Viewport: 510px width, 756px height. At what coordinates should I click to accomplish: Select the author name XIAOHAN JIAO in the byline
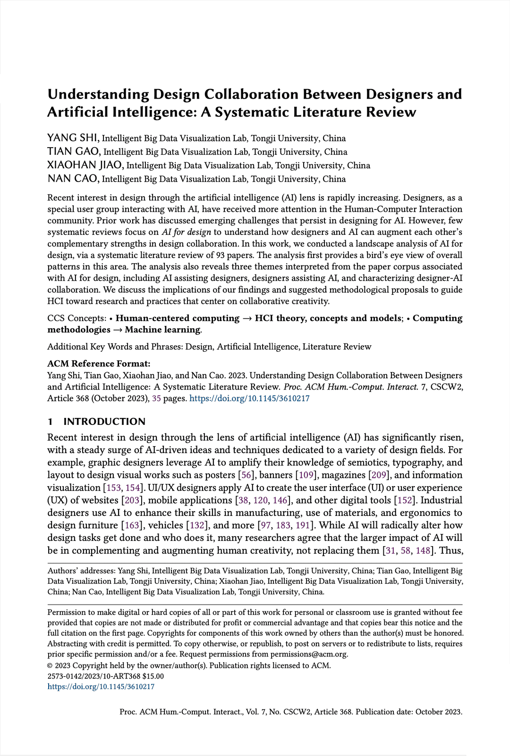[85, 165]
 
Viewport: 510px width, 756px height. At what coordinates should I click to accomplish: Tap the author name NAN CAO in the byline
[73, 179]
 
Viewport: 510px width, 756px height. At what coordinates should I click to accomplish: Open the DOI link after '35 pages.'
[249, 399]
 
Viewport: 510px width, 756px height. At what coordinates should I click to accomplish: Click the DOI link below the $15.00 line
[101, 687]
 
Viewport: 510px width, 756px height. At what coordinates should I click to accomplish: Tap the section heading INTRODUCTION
[104, 422]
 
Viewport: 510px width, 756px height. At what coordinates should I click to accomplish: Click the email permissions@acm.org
[308, 654]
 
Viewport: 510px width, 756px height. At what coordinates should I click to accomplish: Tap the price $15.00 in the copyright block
[153, 676]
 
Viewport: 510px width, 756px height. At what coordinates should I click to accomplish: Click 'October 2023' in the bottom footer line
[438, 712]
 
